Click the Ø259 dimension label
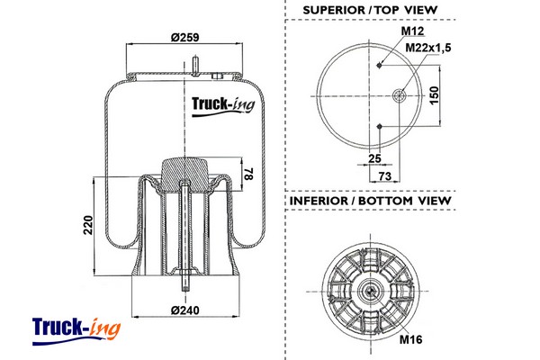(184, 37)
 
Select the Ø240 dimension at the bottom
(184, 310)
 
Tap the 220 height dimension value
(88, 225)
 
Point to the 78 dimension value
(248, 174)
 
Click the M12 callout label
(412, 31)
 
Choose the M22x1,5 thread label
(428, 48)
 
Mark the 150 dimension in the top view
(435, 95)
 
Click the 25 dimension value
(374, 158)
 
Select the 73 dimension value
(385, 176)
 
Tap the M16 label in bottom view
(411, 339)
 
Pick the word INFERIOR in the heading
(319, 201)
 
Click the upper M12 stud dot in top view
(380, 65)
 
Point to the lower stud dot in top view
(380, 127)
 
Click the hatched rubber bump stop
(184, 174)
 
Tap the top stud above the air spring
(195, 66)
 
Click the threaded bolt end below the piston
(185, 281)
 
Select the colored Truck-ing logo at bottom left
(76, 331)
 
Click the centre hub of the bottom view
(370, 292)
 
